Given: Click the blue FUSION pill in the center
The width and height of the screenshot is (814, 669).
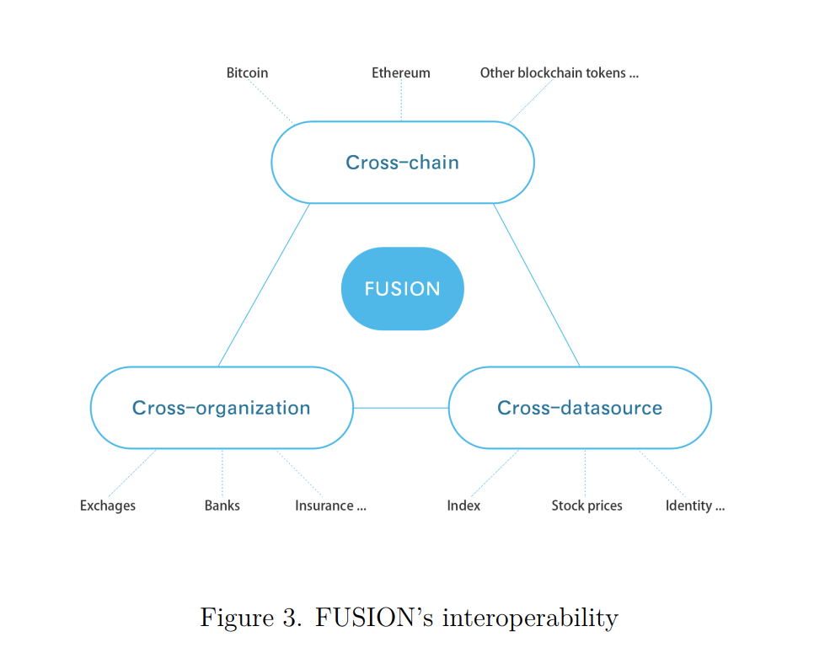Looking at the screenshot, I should tap(402, 289).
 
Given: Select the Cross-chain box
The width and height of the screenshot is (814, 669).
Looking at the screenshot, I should tap(402, 163).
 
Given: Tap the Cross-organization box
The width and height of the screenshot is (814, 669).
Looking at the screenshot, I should tap(221, 409).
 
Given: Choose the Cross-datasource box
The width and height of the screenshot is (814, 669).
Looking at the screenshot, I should tap(580, 409).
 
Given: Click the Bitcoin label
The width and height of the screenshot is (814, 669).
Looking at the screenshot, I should tap(247, 73).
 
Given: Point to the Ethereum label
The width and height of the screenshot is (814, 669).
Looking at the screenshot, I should tap(401, 73).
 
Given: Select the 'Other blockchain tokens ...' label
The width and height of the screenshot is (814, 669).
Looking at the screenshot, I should tap(559, 73).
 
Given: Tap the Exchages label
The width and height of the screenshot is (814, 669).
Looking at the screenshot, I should tap(108, 506).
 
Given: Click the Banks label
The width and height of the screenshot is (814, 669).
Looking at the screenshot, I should tap(222, 506).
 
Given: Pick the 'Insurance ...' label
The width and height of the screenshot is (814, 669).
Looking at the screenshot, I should tap(330, 506).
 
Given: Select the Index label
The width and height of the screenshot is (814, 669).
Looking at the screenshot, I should tap(463, 506).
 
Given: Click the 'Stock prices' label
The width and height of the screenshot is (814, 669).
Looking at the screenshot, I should tap(586, 506).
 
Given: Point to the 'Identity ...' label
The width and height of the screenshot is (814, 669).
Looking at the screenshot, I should tap(694, 506).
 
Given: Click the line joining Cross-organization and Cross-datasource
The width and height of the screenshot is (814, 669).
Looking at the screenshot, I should tap(401, 408).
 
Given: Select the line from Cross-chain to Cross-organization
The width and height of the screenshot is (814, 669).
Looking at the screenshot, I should tap(264, 285).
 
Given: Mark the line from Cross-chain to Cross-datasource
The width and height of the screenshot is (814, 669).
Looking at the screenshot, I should tap(537, 285).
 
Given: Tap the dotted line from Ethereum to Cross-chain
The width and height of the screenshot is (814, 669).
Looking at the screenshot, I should tap(401, 101).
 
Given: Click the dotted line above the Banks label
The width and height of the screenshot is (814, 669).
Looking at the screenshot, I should tap(222, 472).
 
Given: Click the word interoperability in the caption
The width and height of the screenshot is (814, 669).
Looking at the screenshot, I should tap(529, 618).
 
